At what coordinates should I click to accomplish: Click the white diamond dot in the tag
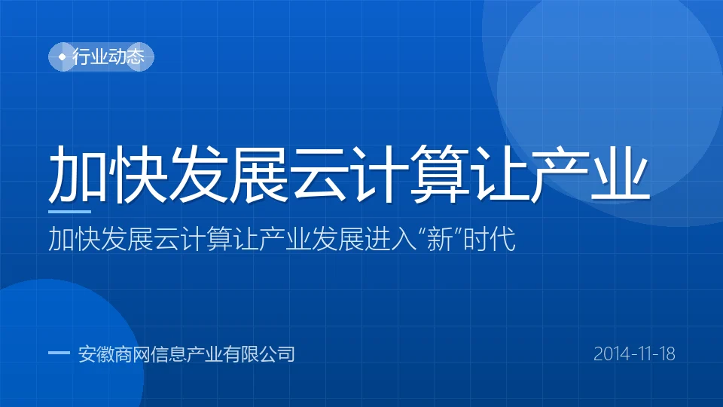tap(63, 57)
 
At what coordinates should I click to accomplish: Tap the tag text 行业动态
tap(108, 57)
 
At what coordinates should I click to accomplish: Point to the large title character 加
tap(78, 173)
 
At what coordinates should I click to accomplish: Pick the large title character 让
tap(499, 173)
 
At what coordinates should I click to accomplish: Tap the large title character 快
tap(138, 173)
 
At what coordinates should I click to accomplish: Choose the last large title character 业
tap(620, 173)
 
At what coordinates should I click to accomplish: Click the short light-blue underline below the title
tap(69, 212)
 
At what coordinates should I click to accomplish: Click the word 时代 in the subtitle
tap(490, 239)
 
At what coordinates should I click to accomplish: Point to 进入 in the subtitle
tap(391, 239)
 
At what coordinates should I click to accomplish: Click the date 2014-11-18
tap(634, 354)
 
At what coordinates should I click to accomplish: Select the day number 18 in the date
tap(667, 354)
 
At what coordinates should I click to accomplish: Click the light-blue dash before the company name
tap(59, 353)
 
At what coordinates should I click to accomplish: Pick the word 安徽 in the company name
tap(96, 354)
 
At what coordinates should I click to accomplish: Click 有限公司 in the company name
tap(258, 354)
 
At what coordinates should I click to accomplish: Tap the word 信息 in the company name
tap(168, 354)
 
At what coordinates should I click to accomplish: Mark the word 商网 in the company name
tap(133, 354)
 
